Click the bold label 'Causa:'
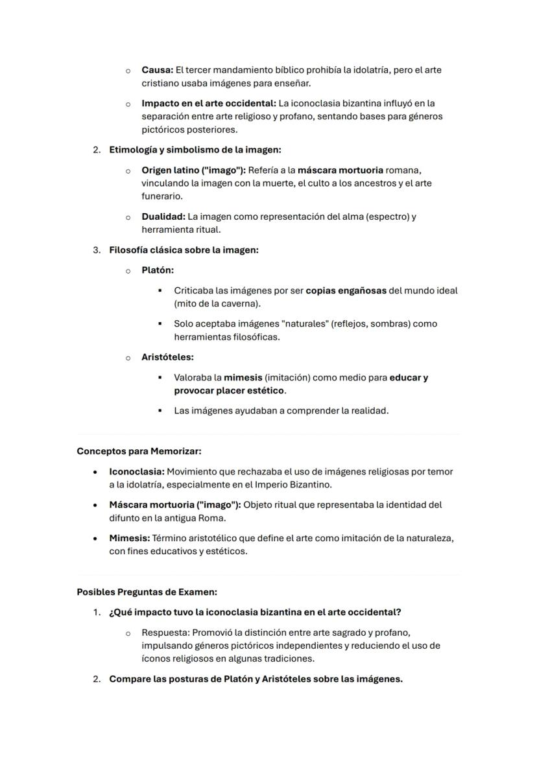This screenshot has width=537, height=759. (x=157, y=70)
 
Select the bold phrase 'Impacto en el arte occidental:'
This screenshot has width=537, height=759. (x=209, y=103)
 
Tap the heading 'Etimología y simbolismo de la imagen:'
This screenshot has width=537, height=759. (x=195, y=150)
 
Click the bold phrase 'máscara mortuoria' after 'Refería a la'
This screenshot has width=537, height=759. (x=340, y=170)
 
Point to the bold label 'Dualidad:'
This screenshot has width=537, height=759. (x=163, y=216)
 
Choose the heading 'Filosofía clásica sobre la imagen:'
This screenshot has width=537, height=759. (x=184, y=250)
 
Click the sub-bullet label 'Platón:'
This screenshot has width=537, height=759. (x=158, y=270)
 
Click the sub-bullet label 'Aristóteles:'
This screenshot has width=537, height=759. (x=167, y=357)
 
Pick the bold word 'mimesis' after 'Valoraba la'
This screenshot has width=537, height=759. (x=243, y=377)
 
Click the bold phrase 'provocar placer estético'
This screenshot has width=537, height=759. (x=230, y=391)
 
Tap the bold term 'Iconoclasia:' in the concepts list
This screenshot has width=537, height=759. (x=136, y=471)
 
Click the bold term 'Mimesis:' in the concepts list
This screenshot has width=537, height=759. (x=129, y=538)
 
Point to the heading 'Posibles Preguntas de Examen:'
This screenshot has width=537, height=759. (x=147, y=592)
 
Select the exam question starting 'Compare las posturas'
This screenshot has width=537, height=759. (x=256, y=679)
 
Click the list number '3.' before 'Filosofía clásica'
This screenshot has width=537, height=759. (x=97, y=250)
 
